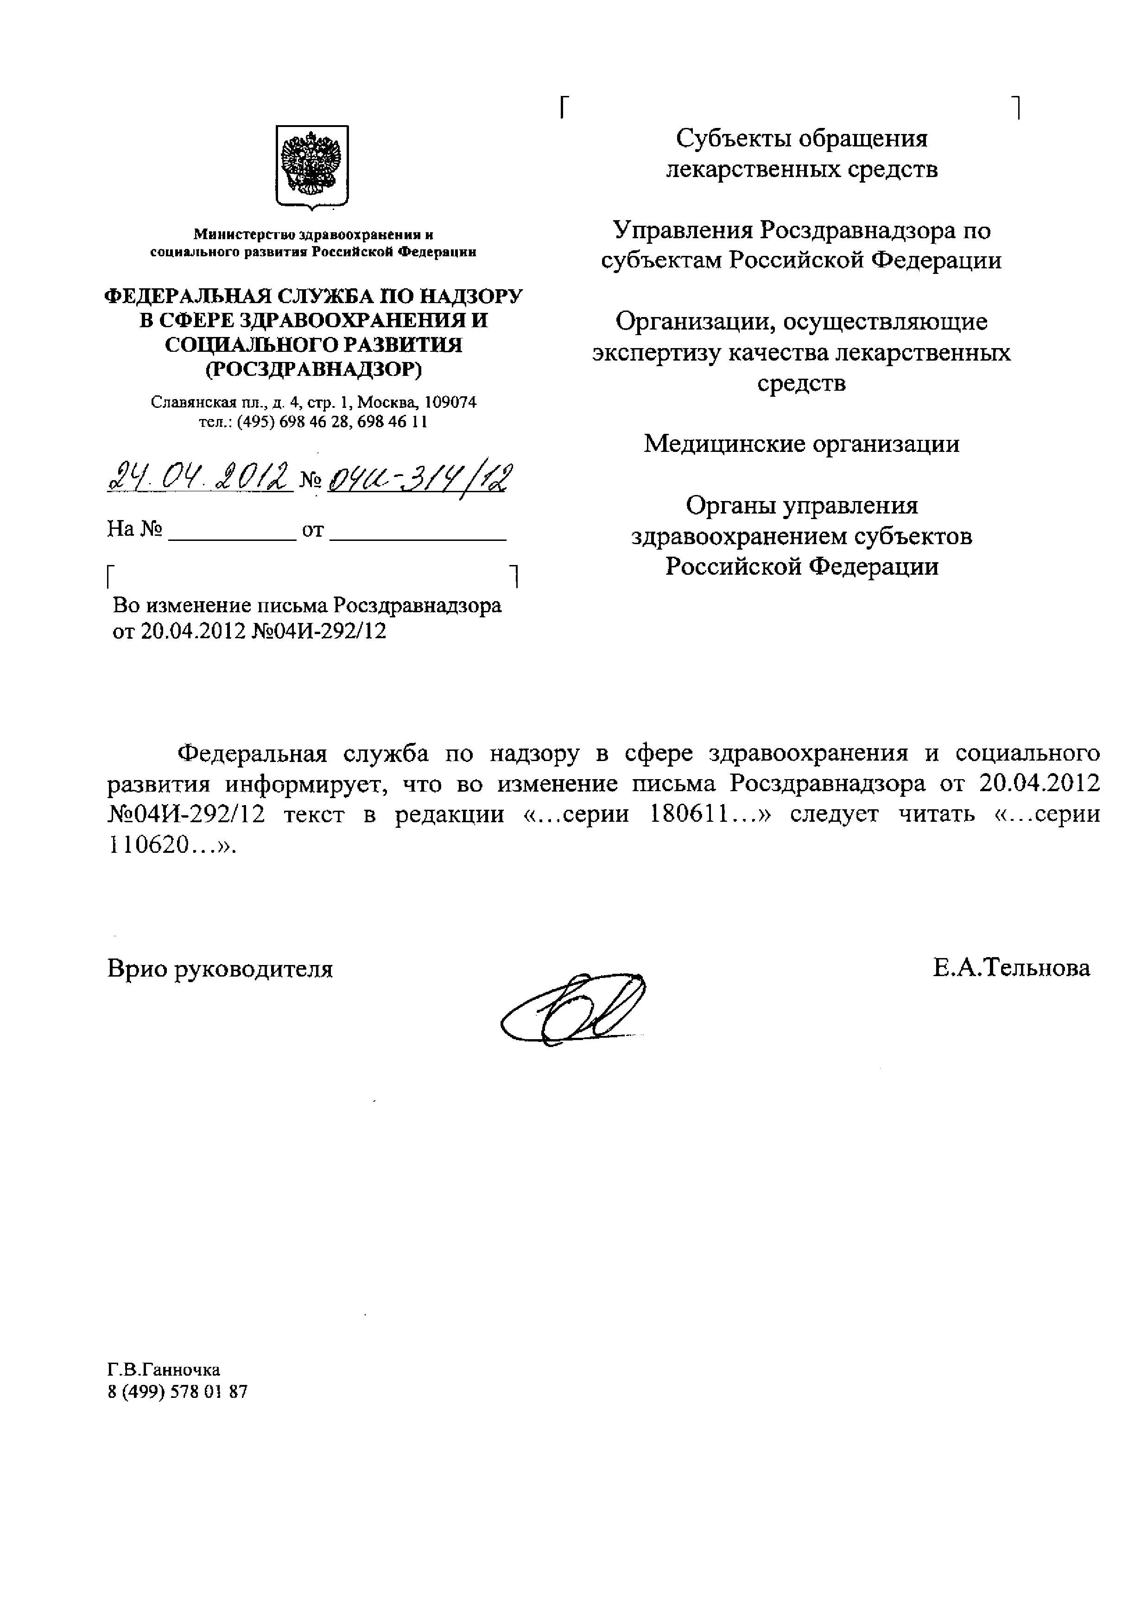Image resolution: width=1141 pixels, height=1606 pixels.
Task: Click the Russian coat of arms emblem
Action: pos(312,168)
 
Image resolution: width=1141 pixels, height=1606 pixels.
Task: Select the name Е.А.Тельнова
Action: pos(1011,968)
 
